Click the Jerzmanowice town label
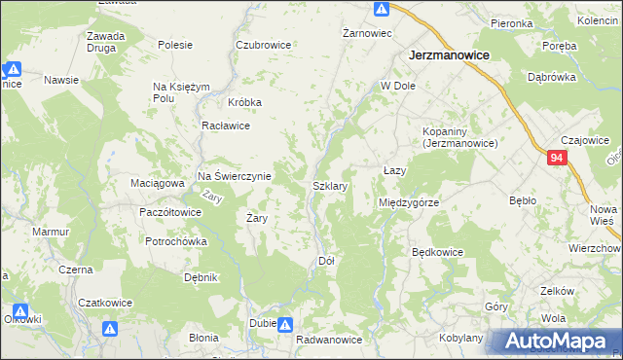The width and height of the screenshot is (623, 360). click(x=447, y=55)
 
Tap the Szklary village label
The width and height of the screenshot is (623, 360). click(x=330, y=185)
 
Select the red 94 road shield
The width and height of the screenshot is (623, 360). click(x=556, y=158)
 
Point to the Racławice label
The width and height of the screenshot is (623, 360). click(x=226, y=126)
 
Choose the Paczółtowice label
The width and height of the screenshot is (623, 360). click(x=170, y=211)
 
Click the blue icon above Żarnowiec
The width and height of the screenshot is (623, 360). click(x=382, y=10)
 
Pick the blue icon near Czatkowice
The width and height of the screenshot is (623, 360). click(x=112, y=329)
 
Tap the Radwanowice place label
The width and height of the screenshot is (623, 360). click(x=329, y=340)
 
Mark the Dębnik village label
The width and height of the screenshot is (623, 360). click(x=201, y=277)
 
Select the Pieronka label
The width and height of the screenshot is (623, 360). click(x=511, y=22)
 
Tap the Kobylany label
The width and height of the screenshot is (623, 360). click(x=460, y=338)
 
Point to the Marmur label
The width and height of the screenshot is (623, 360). click(x=50, y=233)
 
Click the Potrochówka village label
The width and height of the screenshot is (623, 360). click(x=176, y=241)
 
